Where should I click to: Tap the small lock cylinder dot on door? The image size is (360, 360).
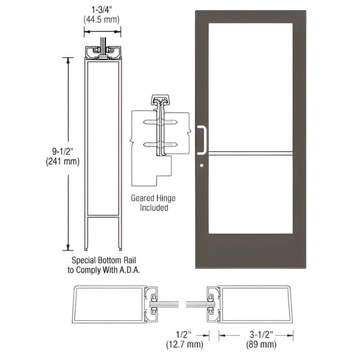pyautogui.click(x=202, y=164)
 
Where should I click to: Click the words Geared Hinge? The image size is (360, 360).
pyautogui.click(x=150, y=199)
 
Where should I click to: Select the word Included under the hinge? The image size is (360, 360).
pyautogui.click(x=150, y=208)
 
